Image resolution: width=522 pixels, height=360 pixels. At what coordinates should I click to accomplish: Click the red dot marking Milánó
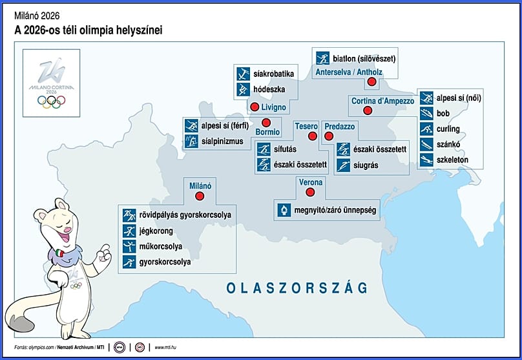[200, 196]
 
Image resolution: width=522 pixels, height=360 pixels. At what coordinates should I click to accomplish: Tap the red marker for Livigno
[255, 107]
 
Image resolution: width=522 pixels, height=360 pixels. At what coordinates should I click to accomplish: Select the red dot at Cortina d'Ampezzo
[368, 111]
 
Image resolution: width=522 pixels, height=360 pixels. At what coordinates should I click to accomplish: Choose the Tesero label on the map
[306, 126]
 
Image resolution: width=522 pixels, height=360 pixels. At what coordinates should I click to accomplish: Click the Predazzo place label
[340, 126]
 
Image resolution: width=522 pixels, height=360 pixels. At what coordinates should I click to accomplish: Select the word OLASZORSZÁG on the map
[297, 287]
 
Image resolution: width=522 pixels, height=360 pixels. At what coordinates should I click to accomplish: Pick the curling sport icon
[426, 129]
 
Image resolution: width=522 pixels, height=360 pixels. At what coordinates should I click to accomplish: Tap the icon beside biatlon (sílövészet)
[322, 58]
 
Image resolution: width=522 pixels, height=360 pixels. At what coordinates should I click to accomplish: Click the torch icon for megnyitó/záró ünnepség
[284, 210]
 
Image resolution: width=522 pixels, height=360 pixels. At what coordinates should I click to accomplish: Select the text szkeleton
[452, 159]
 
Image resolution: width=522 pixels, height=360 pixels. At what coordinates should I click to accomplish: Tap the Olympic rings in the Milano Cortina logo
[50, 101]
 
